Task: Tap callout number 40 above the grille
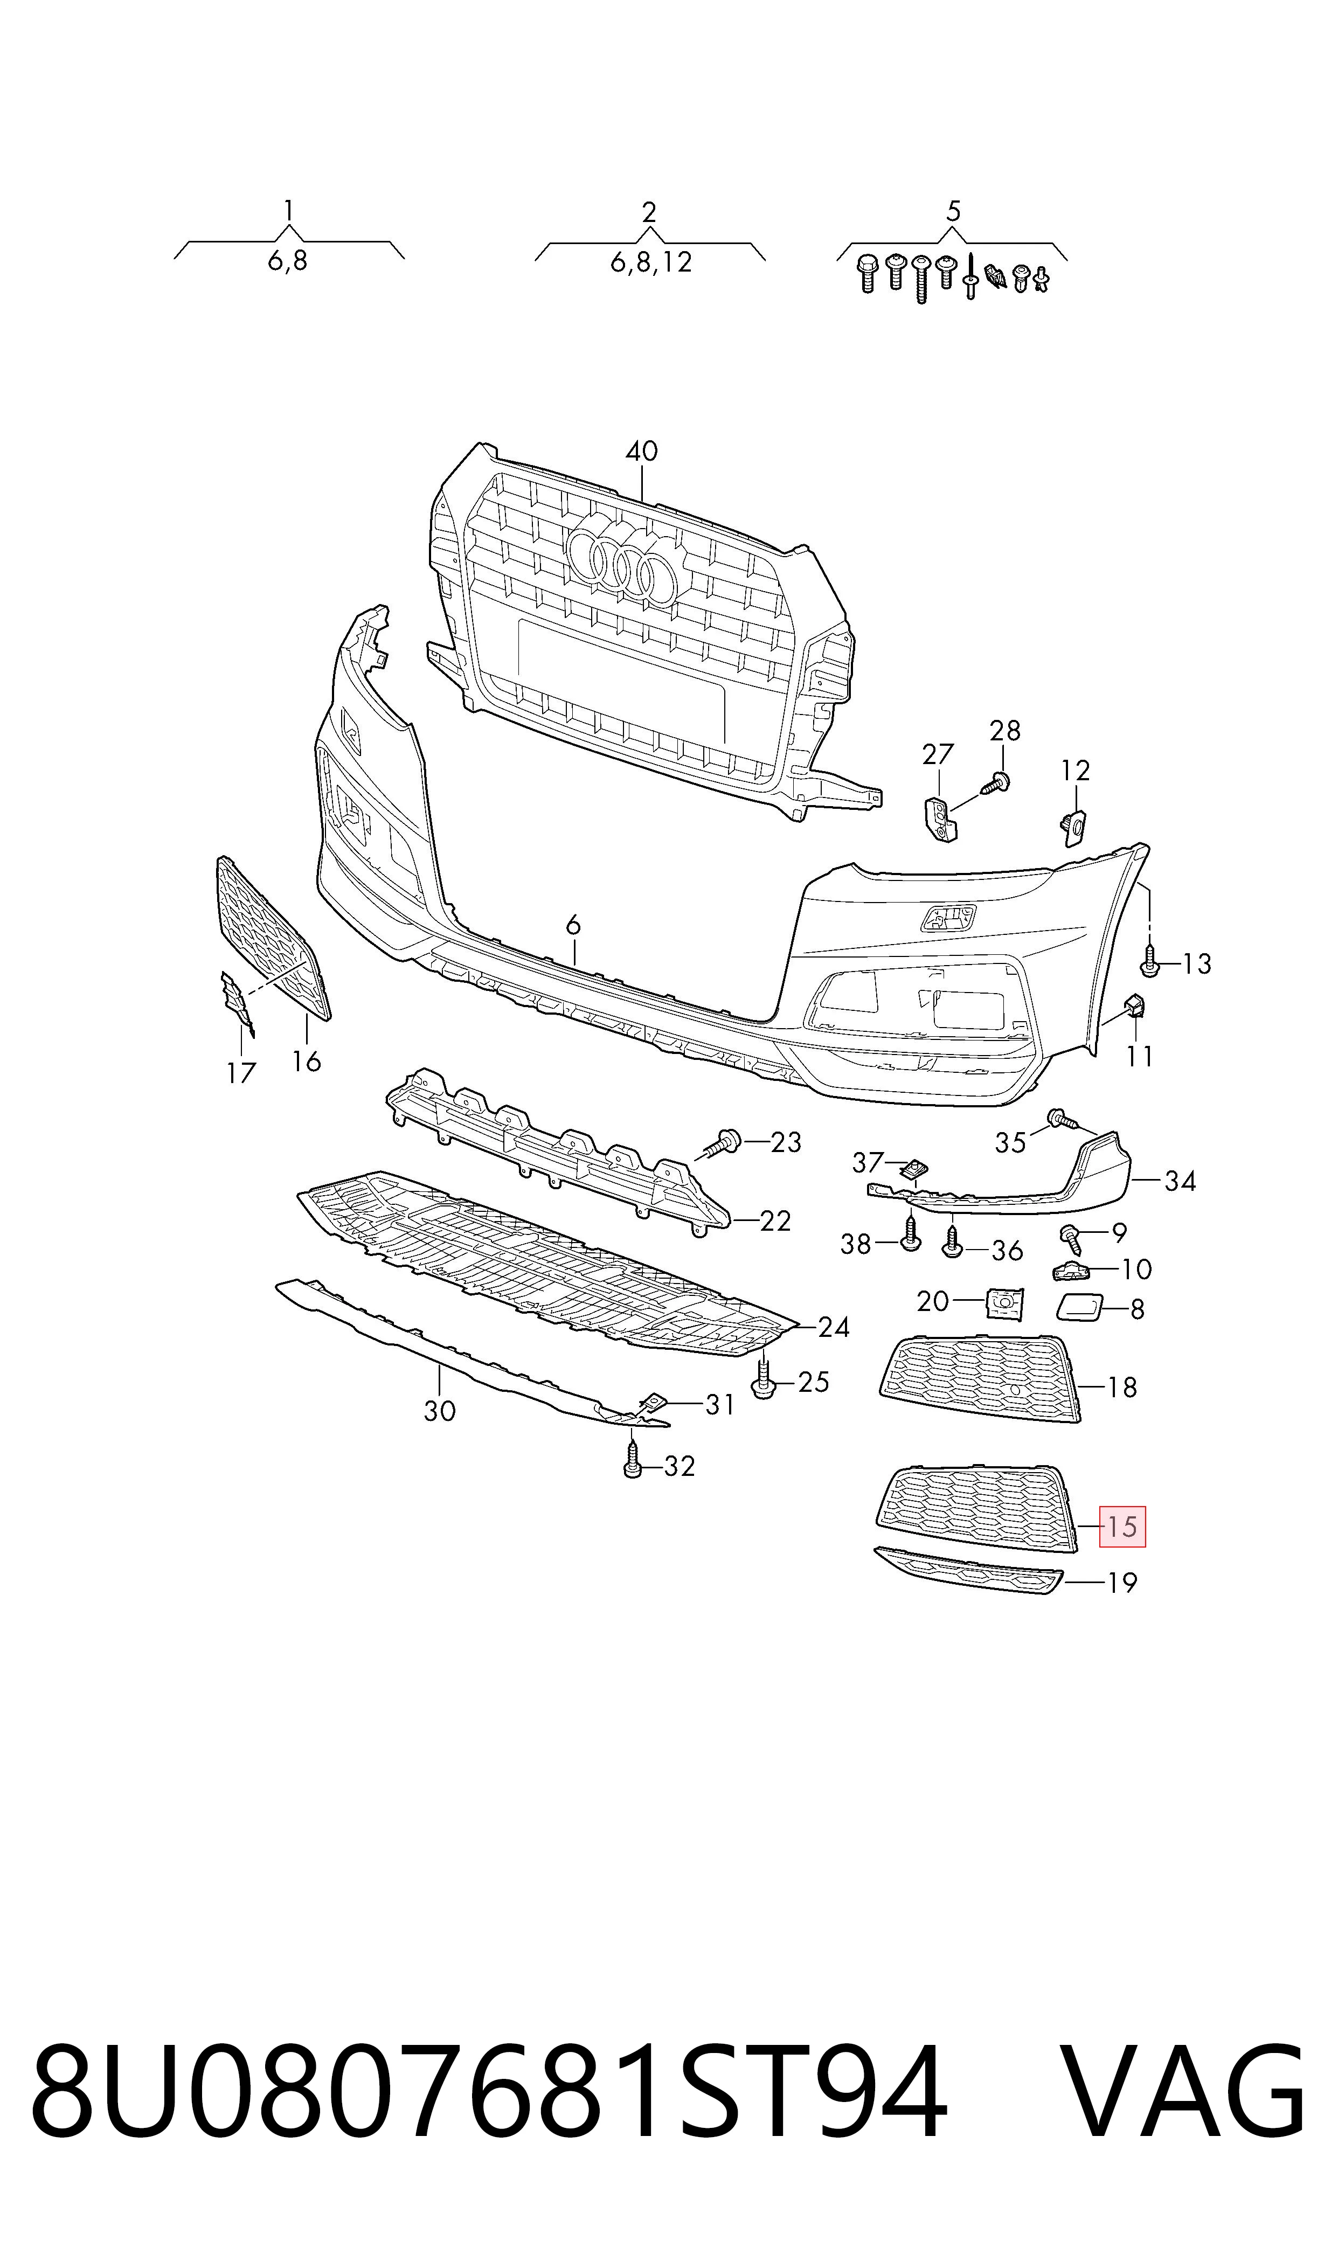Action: pyautogui.click(x=642, y=450)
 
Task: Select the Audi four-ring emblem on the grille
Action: pyautogui.click(x=622, y=564)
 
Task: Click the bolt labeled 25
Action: pyautogui.click(x=764, y=1379)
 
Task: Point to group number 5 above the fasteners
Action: pyautogui.click(x=953, y=211)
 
